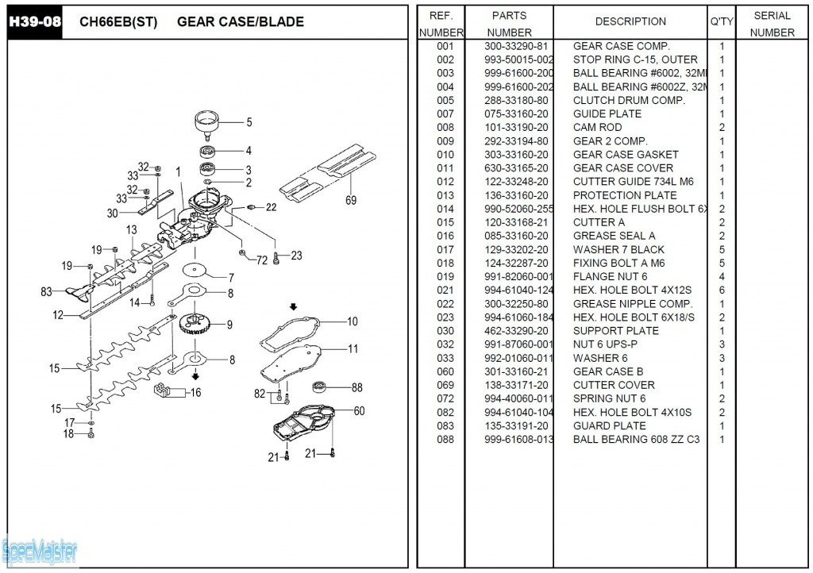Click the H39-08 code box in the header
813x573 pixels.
coord(34,21)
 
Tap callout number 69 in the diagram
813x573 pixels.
coord(351,201)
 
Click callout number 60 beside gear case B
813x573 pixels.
coord(359,410)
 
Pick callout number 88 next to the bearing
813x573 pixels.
coord(357,387)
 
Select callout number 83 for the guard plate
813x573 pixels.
coord(46,292)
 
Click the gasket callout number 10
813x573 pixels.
coord(352,321)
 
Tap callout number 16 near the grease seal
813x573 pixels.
coord(195,392)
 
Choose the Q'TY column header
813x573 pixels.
coord(722,21)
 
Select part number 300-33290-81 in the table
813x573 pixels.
coord(516,46)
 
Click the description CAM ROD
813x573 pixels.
coord(597,127)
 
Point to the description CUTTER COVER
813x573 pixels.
coord(614,385)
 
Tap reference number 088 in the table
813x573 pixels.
coord(445,439)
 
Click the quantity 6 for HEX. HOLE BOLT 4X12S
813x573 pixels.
coord(722,290)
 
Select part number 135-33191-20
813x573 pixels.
coord(516,425)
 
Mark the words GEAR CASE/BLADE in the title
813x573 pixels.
coord(240,21)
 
